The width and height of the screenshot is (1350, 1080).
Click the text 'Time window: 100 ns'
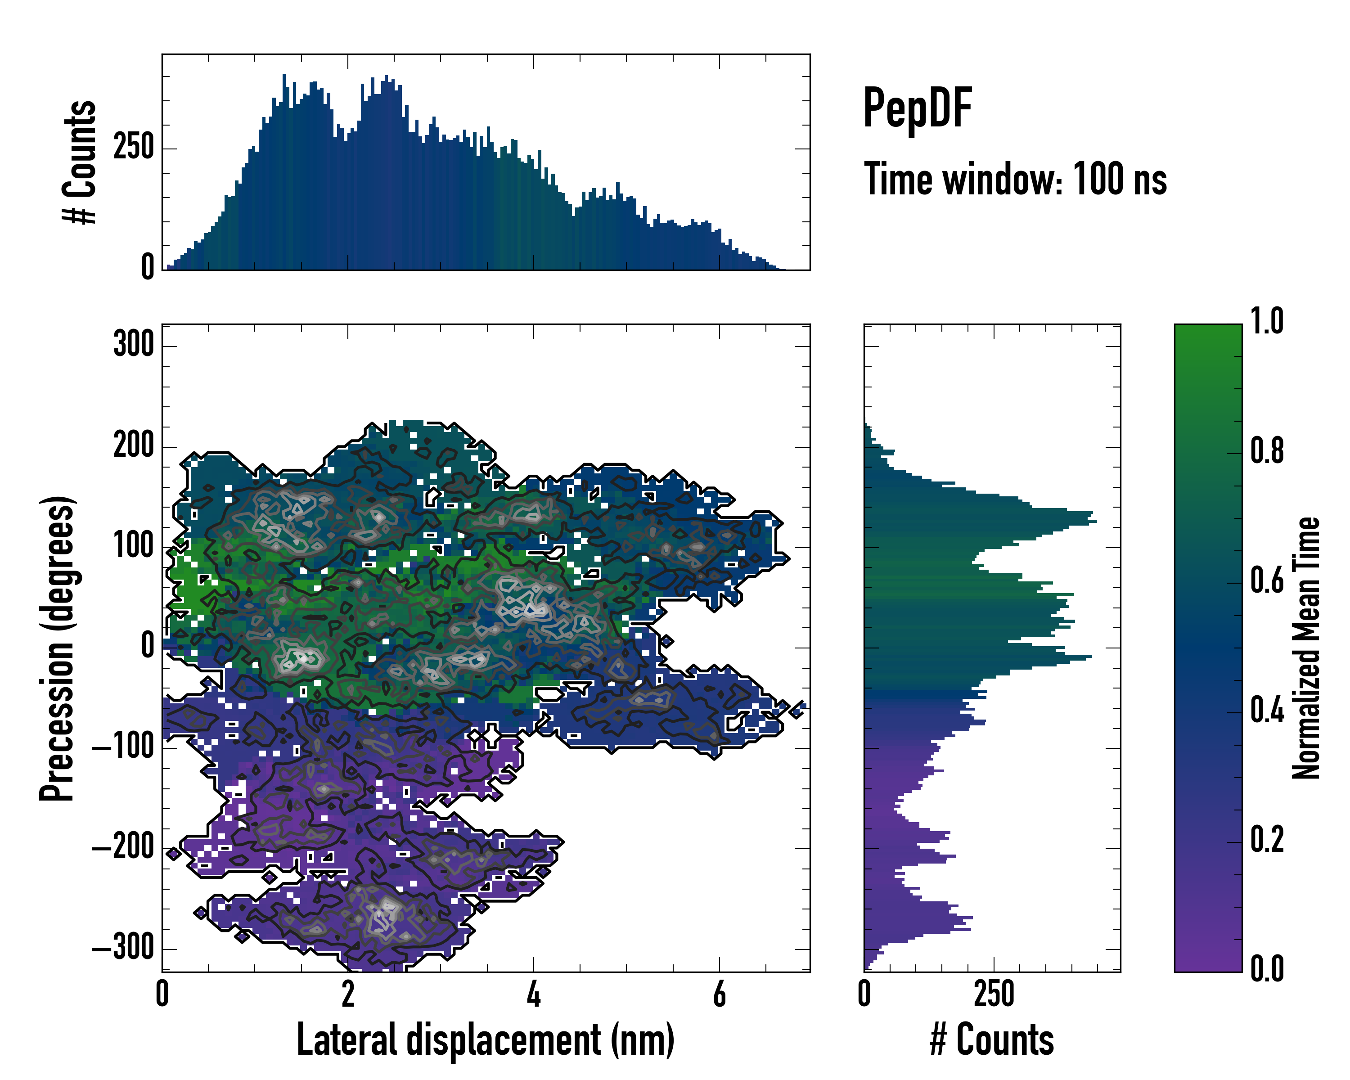pyautogui.click(x=1015, y=179)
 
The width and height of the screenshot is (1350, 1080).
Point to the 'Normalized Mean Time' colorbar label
pyautogui.click(x=1306, y=648)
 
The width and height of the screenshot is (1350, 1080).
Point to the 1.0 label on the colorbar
pyautogui.click(x=1267, y=321)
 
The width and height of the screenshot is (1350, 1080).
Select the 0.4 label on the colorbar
pyautogui.click(x=1267, y=711)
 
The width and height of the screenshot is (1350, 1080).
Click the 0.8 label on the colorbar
pyautogui.click(x=1267, y=451)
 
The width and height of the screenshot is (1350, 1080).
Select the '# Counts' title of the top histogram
pyautogui.click(x=80, y=162)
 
